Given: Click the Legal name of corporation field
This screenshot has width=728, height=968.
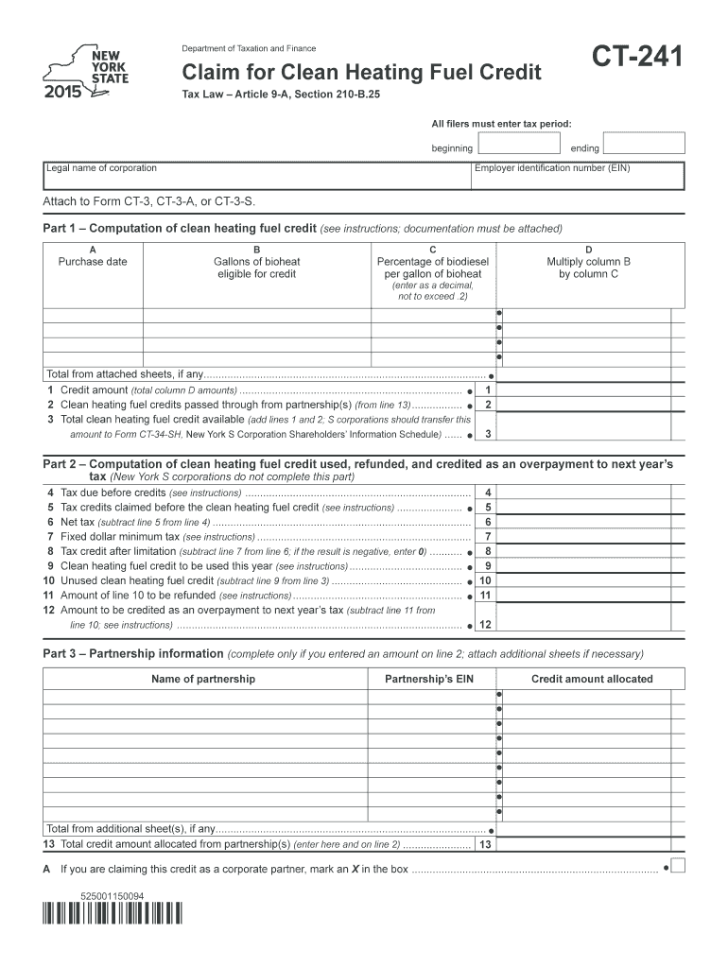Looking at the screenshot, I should (x=256, y=176).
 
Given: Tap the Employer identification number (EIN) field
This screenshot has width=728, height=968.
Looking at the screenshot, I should (x=578, y=176).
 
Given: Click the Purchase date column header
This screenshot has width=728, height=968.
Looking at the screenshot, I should (x=93, y=262).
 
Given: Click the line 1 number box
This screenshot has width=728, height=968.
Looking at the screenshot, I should (x=487, y=390).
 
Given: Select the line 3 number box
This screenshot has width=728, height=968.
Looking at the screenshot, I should (x=487, y=434).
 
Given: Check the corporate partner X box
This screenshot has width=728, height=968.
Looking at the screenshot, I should (x=677, y=867).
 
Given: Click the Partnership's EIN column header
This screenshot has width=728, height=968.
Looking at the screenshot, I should (x=428, y=679).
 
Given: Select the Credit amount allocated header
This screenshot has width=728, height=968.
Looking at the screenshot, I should (x=592, y=679).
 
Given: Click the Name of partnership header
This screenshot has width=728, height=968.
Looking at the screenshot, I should (x=203, y=679).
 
